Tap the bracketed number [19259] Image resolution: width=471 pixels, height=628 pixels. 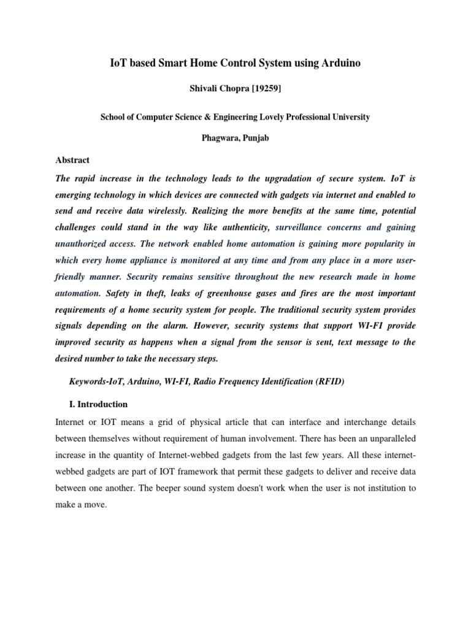pyautogui.click(x=264, y=90)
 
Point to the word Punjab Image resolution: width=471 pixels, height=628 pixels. pyautogui.click(x=253, y=138)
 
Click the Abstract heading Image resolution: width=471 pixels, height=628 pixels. pyautogui.click(x=72, y=160)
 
